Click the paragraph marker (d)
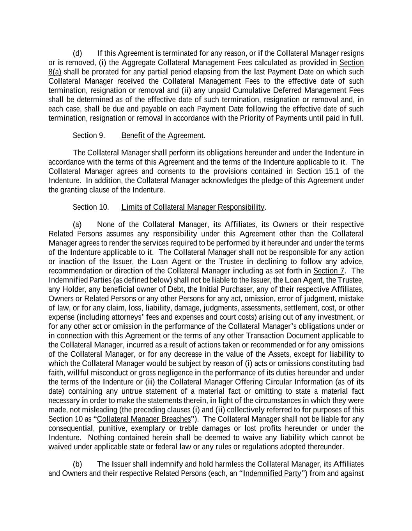77,53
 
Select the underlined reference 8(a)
55,72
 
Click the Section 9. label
89,135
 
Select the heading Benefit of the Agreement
162,135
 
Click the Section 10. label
91,207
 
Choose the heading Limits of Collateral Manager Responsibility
193,207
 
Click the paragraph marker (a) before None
77,224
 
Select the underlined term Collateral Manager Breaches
144,419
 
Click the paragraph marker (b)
77,464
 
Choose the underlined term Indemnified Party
272,474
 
